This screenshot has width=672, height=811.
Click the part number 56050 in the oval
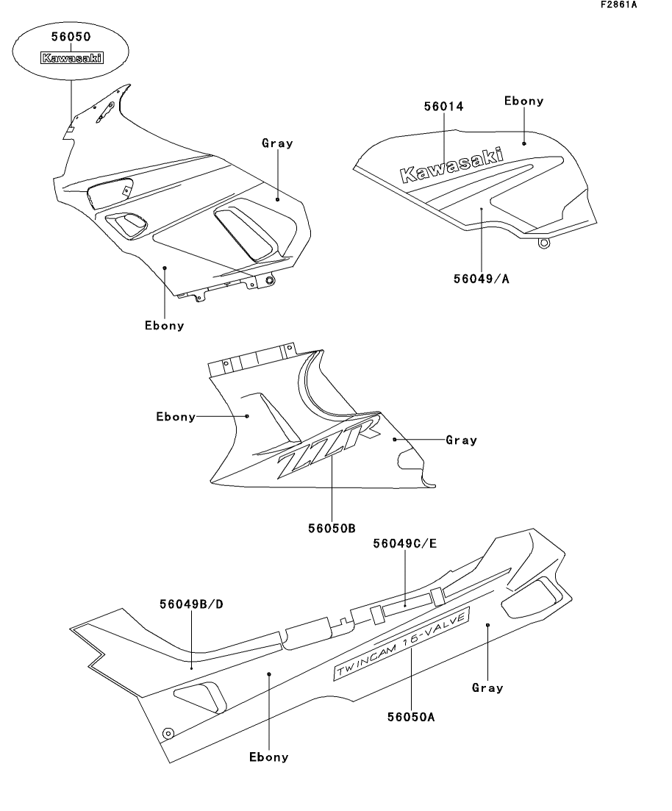click(71, 37)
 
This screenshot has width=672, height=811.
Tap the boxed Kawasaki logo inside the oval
click(72, 58)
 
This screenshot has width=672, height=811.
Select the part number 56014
click(444, 107)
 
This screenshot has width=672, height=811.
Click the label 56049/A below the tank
click(482, 279)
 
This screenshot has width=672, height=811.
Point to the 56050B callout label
click(332, 528)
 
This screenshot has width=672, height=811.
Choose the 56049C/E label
click(405, 543)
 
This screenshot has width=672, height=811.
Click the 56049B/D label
click(191, 604)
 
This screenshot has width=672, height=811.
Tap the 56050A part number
click(411, 717)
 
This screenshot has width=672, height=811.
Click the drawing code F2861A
click(619, 4)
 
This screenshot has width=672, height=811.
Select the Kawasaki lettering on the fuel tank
click(451, 165)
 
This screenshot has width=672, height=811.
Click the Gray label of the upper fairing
click(277, 143)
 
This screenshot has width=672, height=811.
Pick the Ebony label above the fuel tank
click(524, 101)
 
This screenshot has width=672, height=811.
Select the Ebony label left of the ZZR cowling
click(176, 417)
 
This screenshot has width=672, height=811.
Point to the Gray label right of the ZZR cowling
click(462, 440)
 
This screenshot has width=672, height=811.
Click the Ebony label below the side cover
click(269, 757)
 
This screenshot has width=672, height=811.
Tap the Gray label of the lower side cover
click(487, 688)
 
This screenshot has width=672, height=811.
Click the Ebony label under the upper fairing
click(165, 326)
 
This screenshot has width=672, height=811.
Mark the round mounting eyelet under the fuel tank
click(544, 243)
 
